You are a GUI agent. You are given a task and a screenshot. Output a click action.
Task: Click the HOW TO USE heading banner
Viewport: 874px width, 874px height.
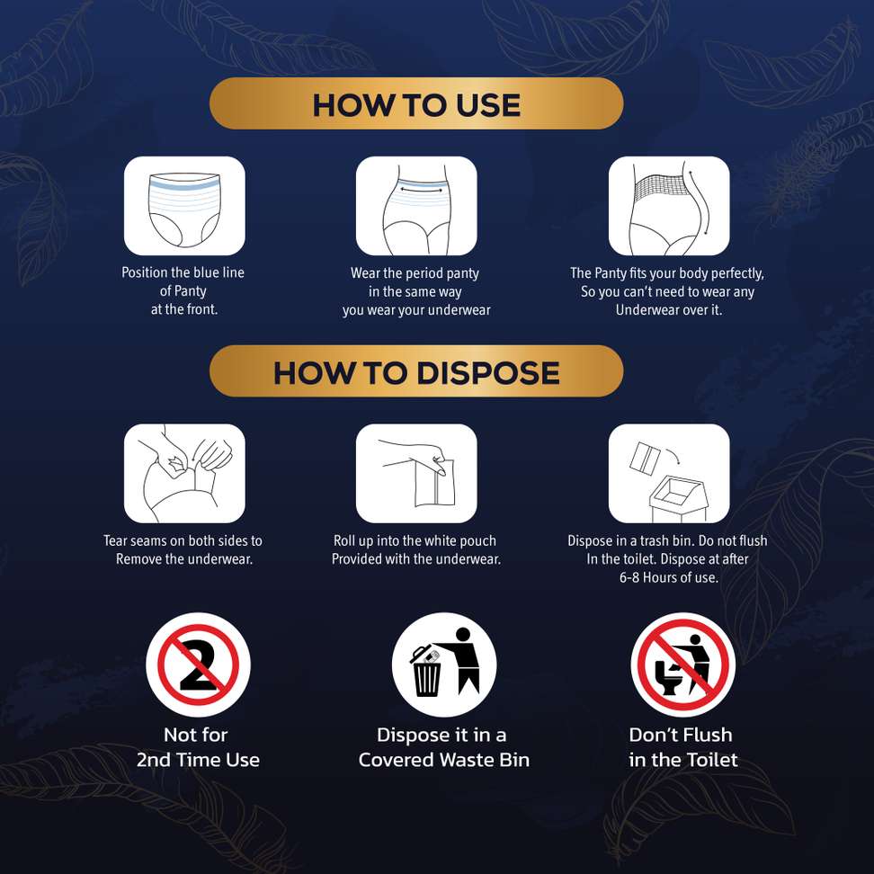[x=415, y=103]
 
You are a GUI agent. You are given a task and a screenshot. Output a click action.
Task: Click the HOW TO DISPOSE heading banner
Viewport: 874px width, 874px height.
[x=415, y=371]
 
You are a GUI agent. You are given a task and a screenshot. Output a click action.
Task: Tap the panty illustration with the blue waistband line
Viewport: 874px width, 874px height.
[x=184, y=206]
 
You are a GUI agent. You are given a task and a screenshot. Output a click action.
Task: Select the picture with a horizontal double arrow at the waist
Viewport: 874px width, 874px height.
[x=416, y=206]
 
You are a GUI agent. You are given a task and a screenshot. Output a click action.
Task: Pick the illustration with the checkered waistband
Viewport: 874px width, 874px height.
[x=669, y=206]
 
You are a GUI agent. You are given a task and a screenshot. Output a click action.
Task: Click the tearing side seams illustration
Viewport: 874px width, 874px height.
[x=184, y=473]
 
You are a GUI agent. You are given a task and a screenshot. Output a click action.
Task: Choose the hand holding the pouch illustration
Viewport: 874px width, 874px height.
[x=416, y=473]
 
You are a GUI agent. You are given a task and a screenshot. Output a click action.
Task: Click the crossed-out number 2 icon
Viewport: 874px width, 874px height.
[x=199, y=664]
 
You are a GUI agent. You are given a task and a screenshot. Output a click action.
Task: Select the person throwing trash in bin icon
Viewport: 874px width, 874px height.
[x=443, y=664]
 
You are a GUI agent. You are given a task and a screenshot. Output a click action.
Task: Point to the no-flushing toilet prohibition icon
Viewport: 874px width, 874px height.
[x=683, y=664]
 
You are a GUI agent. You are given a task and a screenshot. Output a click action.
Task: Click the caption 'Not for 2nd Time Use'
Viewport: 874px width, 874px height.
[x=198, y=747]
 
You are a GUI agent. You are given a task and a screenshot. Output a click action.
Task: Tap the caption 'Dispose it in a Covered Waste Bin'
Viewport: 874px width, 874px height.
[x=443, y=747]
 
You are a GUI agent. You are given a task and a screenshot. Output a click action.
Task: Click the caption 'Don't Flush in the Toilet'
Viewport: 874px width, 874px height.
[x=683, y=747]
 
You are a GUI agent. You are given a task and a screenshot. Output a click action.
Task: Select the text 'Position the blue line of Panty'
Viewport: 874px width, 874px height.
[x=183, y=281]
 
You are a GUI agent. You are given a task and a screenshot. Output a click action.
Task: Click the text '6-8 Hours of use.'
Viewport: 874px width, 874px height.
[x=669, y=577]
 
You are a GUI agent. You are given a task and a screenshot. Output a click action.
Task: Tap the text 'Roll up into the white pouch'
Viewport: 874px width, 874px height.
[x=415, y=540]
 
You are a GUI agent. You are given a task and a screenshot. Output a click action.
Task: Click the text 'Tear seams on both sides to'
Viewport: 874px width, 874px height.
[x=183, y=540]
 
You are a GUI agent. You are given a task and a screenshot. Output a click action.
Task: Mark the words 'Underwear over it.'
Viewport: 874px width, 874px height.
[x=669, y=310]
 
